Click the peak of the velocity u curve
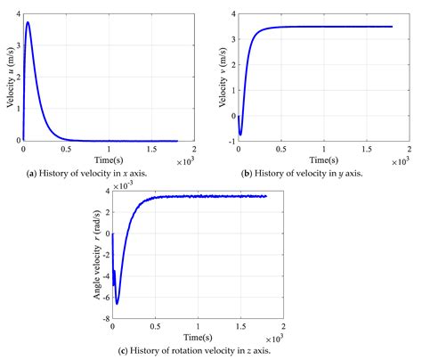click(28, 23)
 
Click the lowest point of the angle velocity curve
click(117, 304)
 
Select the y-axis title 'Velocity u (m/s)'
click(9, 78)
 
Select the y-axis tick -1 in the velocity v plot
click(231, 141)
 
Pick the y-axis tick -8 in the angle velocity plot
click(105, 319)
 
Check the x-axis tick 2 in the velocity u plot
click(193, 149)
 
